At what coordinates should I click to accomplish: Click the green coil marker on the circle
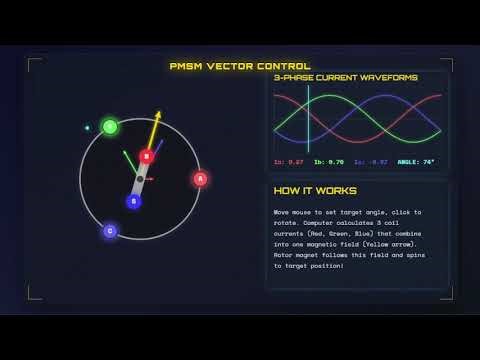110,127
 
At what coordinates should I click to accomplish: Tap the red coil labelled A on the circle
200,179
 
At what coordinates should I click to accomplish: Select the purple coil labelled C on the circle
110,231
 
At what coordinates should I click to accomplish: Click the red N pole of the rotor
147,157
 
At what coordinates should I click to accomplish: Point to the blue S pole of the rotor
133,201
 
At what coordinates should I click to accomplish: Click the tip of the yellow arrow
158,112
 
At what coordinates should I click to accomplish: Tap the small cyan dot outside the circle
87,128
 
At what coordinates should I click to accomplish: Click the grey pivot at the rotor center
140,179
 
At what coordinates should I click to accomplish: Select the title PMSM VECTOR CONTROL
240,66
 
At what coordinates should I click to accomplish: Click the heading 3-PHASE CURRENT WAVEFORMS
332,78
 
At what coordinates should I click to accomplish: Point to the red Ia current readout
288,161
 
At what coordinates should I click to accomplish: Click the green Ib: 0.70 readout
328,161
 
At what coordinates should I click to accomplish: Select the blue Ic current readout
370,161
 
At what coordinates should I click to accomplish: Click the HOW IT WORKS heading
315,191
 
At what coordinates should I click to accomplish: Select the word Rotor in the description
287,255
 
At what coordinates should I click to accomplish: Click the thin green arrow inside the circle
129,161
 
